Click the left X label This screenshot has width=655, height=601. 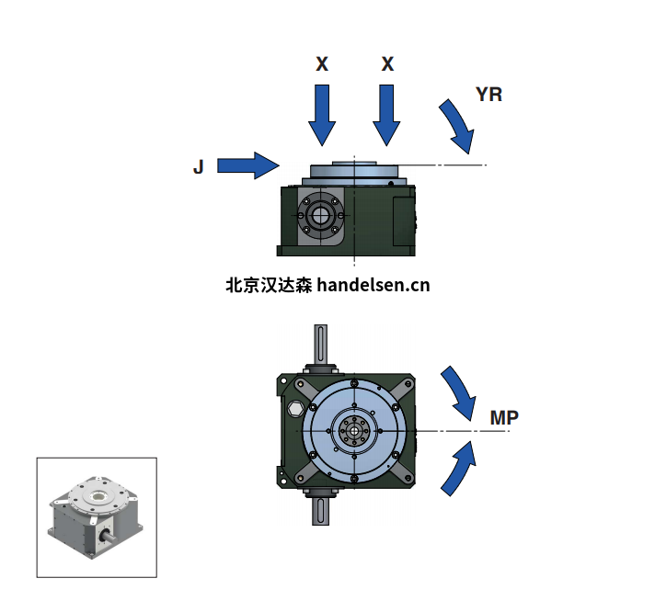pos(322,64)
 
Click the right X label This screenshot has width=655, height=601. pos(387,64)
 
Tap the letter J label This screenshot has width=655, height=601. pos(198,166)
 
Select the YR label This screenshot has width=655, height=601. pos(488,94)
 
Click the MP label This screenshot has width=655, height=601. pos(504,418)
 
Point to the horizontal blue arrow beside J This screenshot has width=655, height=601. pos(247,165)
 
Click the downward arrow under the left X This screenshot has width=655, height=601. pos(322,114)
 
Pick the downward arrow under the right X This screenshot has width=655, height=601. pos(387,114)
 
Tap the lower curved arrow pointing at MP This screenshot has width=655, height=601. pos(459,468)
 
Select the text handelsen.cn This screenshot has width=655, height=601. pos(373,285)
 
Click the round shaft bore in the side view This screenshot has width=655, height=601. pos(320,217)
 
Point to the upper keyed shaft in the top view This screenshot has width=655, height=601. pos(321,346)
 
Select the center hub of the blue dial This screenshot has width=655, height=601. pos(353,430)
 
